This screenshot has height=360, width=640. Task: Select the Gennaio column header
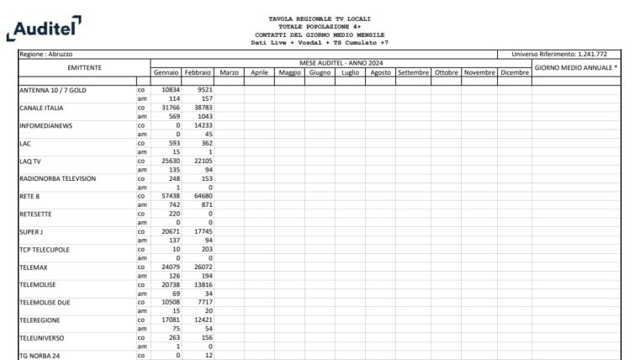coord(167,73)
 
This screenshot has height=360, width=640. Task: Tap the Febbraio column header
coord(198,73)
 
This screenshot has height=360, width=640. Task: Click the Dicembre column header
coord(514,73)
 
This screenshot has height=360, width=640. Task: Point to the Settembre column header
coord(413,73)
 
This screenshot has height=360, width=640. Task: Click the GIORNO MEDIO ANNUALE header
coord(576,67)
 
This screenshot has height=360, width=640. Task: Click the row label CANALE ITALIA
coord(41,108)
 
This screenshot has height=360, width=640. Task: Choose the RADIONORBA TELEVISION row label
coord(57,178)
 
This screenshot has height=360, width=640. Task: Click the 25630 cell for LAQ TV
coord(171,160)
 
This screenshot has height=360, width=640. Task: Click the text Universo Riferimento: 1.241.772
coord(570,54)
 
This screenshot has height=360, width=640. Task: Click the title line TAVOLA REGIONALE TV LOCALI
coord(320,19)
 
